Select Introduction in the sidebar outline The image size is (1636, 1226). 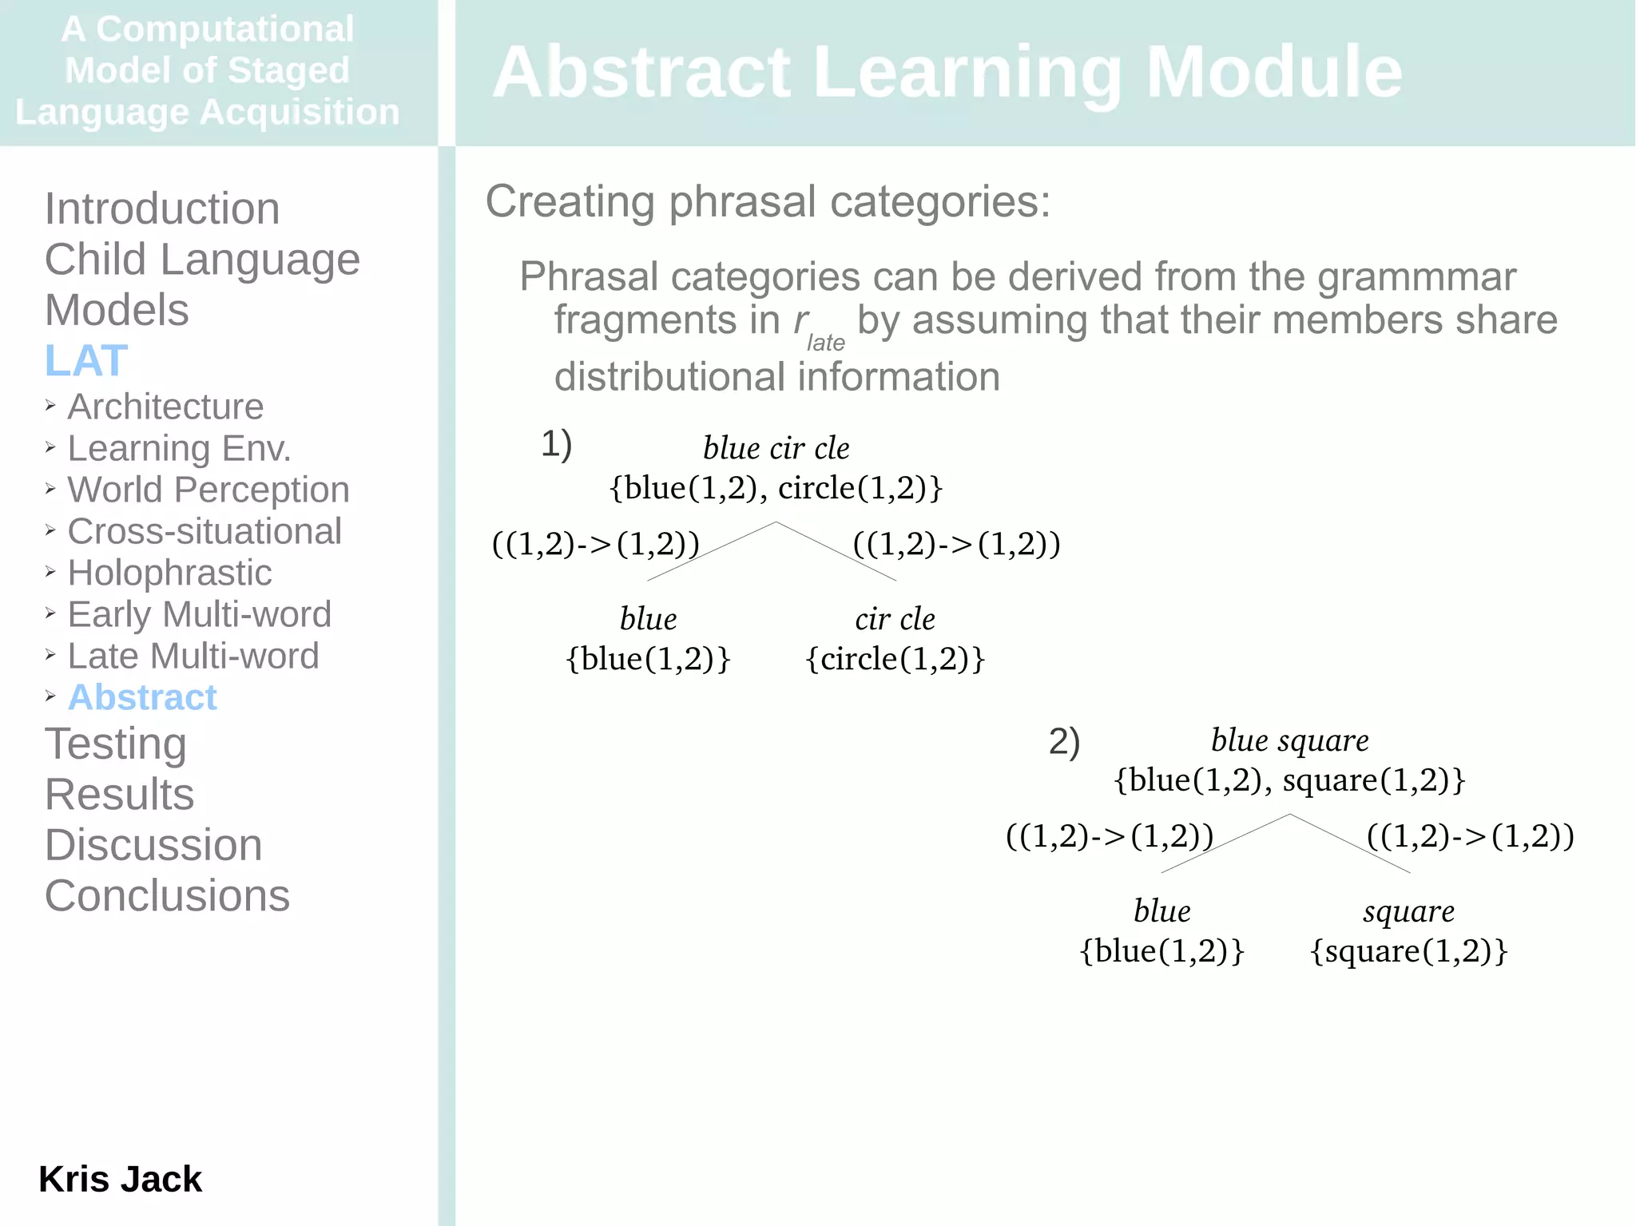(x=162, y=208)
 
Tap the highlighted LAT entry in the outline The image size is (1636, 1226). (x=86, y=360)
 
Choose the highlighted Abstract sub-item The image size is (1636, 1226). (x=142, y=697)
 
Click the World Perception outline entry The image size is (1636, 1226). (x=208, y=490)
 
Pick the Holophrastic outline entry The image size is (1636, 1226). (x=169, y=573)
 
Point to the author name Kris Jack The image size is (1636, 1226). (x=120, y=1179)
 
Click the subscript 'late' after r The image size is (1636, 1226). (x=825, y=343)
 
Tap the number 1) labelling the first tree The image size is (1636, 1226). (x=556, y=443)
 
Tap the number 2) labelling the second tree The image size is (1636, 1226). (x=1064, y=741)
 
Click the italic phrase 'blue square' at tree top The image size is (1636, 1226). (x=1289, y=740)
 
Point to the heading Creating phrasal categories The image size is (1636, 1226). (x=768, y=201)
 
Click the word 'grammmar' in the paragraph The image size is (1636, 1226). (x=1416, y=277)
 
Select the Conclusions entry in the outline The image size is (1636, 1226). (x=167, y=895)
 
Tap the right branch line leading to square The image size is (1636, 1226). (x=1350, y=843)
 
